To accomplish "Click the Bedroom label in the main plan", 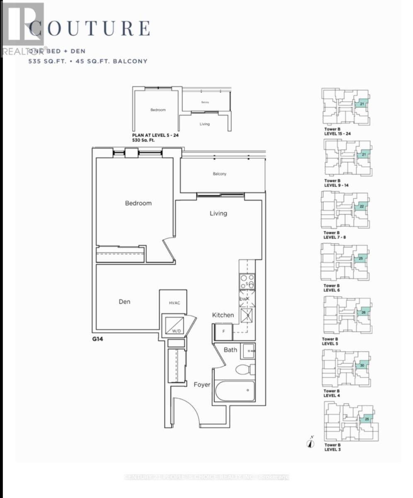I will coord(138,203).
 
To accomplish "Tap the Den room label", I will coord(124,302).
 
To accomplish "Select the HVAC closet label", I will coord(174,303).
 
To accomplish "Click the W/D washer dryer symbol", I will coord(174,325).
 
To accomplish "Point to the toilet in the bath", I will coord(245,369).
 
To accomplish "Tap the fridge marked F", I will coord(223,332).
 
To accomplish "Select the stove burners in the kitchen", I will coord(247,281).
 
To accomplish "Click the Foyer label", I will coord(202,385).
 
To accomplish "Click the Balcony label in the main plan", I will coord(219,174).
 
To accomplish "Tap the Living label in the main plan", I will coord(218,213).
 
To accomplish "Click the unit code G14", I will coord(97,339).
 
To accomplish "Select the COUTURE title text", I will coord(89,28).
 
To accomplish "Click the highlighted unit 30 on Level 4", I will coord(362,366).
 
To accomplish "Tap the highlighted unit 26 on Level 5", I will coord(363,312).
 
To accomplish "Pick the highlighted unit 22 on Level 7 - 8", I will coord(361,207).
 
